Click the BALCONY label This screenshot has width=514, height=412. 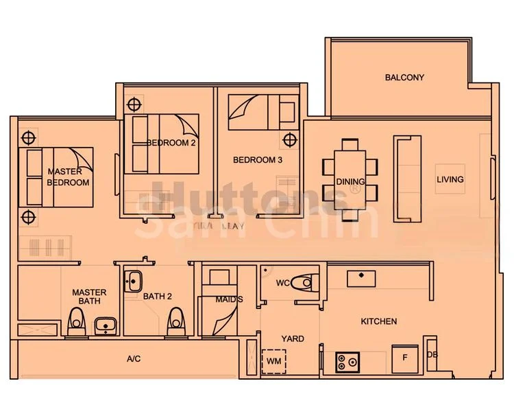(404, 78)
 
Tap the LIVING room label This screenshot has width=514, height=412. (450, 179)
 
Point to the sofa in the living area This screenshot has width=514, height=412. (407, 178)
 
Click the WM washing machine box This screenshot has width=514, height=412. (274, 360)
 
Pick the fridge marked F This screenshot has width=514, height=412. (404, 357)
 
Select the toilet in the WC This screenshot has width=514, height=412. (302, 282)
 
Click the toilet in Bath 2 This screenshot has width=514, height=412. (178, 321)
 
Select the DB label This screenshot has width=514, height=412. (432, 354)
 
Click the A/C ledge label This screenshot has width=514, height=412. (134, 359)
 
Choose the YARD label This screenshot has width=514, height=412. (293, 339)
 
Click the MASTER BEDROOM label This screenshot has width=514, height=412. (68, 177)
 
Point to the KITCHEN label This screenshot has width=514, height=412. (379, 321)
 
